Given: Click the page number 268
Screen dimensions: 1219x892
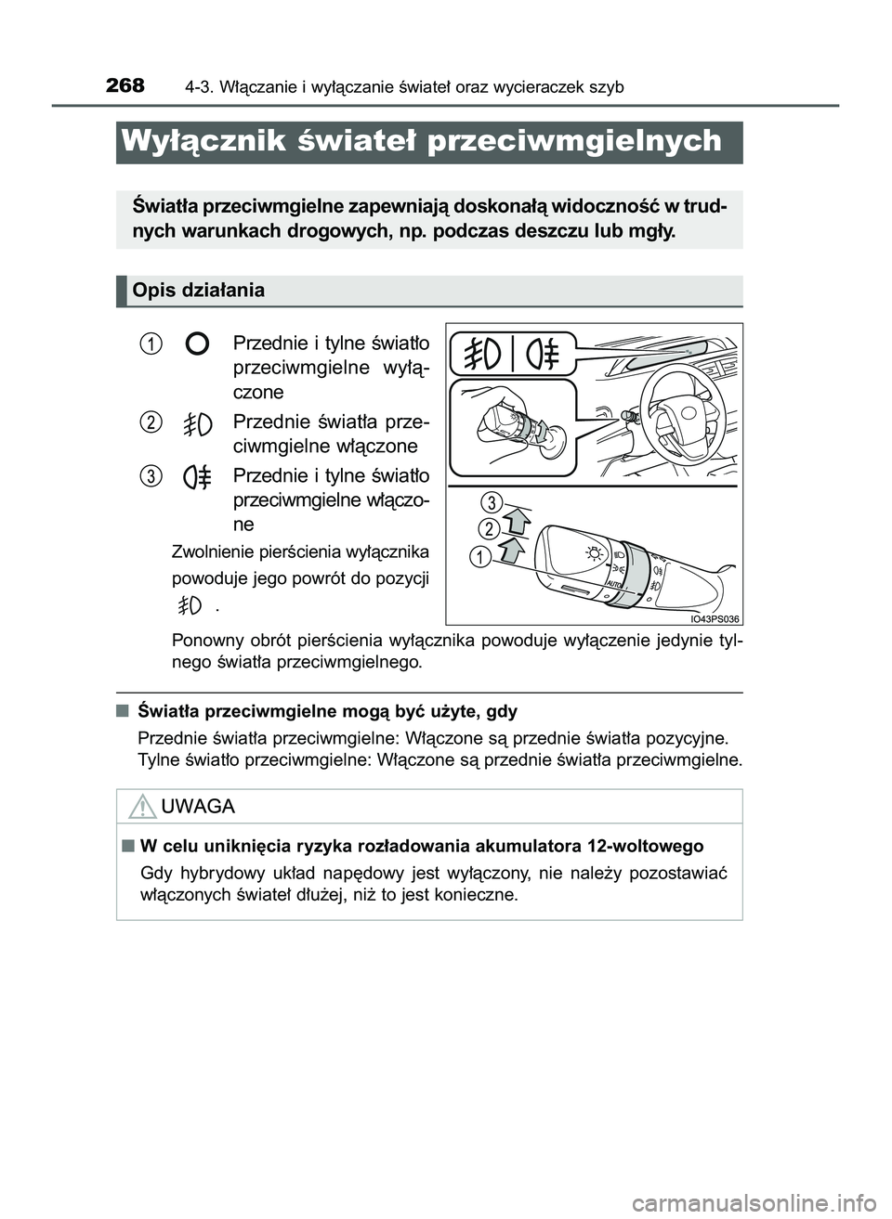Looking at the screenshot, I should [x=125, y=86].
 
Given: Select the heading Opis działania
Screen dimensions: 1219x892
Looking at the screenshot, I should [x=198, y=291].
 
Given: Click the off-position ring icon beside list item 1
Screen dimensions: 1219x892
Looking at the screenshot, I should [x=197, y=344].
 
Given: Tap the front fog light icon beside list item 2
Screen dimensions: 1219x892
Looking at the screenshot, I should [x=197, y=423].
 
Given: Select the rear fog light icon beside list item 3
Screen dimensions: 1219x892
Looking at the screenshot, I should [x=197, y=477].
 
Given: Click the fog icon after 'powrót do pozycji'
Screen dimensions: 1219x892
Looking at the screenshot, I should [x=190, y=606].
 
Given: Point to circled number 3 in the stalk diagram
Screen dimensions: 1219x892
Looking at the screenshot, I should [x=492, y=503].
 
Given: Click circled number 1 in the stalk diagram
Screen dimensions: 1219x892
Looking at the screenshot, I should [x=479, y=557].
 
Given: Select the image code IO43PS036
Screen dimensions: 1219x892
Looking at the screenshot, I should [x=715, y=618].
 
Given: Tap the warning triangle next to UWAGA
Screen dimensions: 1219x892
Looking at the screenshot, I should [x=142, y=806].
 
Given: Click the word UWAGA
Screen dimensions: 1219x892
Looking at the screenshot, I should [x=198, y=806].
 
